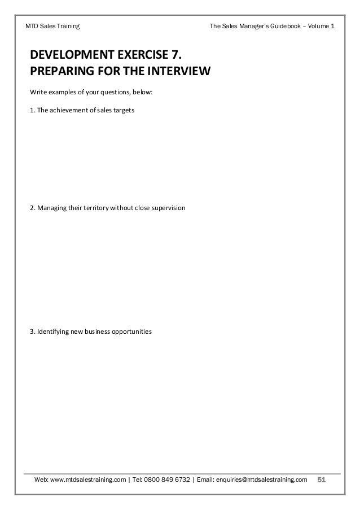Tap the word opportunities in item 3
(131, 332)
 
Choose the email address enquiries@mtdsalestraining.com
(263, 480)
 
